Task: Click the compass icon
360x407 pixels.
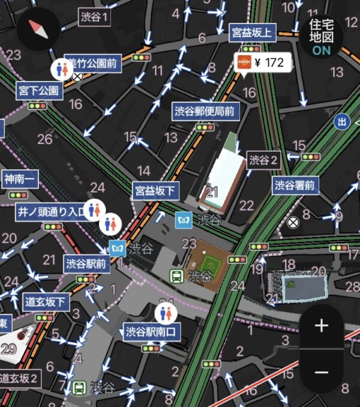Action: pyautogui.click(x=38, y=28)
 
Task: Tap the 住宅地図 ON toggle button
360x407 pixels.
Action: pyautogui.click(x=321, y=37)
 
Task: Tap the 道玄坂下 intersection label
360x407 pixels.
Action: pyautogui.click(x=47, y=302)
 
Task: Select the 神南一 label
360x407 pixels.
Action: pyautogui.click(x=20, y=179)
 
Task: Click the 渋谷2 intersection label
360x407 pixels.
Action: pyautogui.click(x=265, y=160)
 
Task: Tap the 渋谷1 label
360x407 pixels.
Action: pyautogui.click(x=95, y=17)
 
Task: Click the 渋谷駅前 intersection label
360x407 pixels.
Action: pyautogui.click(x=86, y=263)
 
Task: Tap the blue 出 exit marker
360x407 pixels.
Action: pyautogui.click(x=342, y=122)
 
